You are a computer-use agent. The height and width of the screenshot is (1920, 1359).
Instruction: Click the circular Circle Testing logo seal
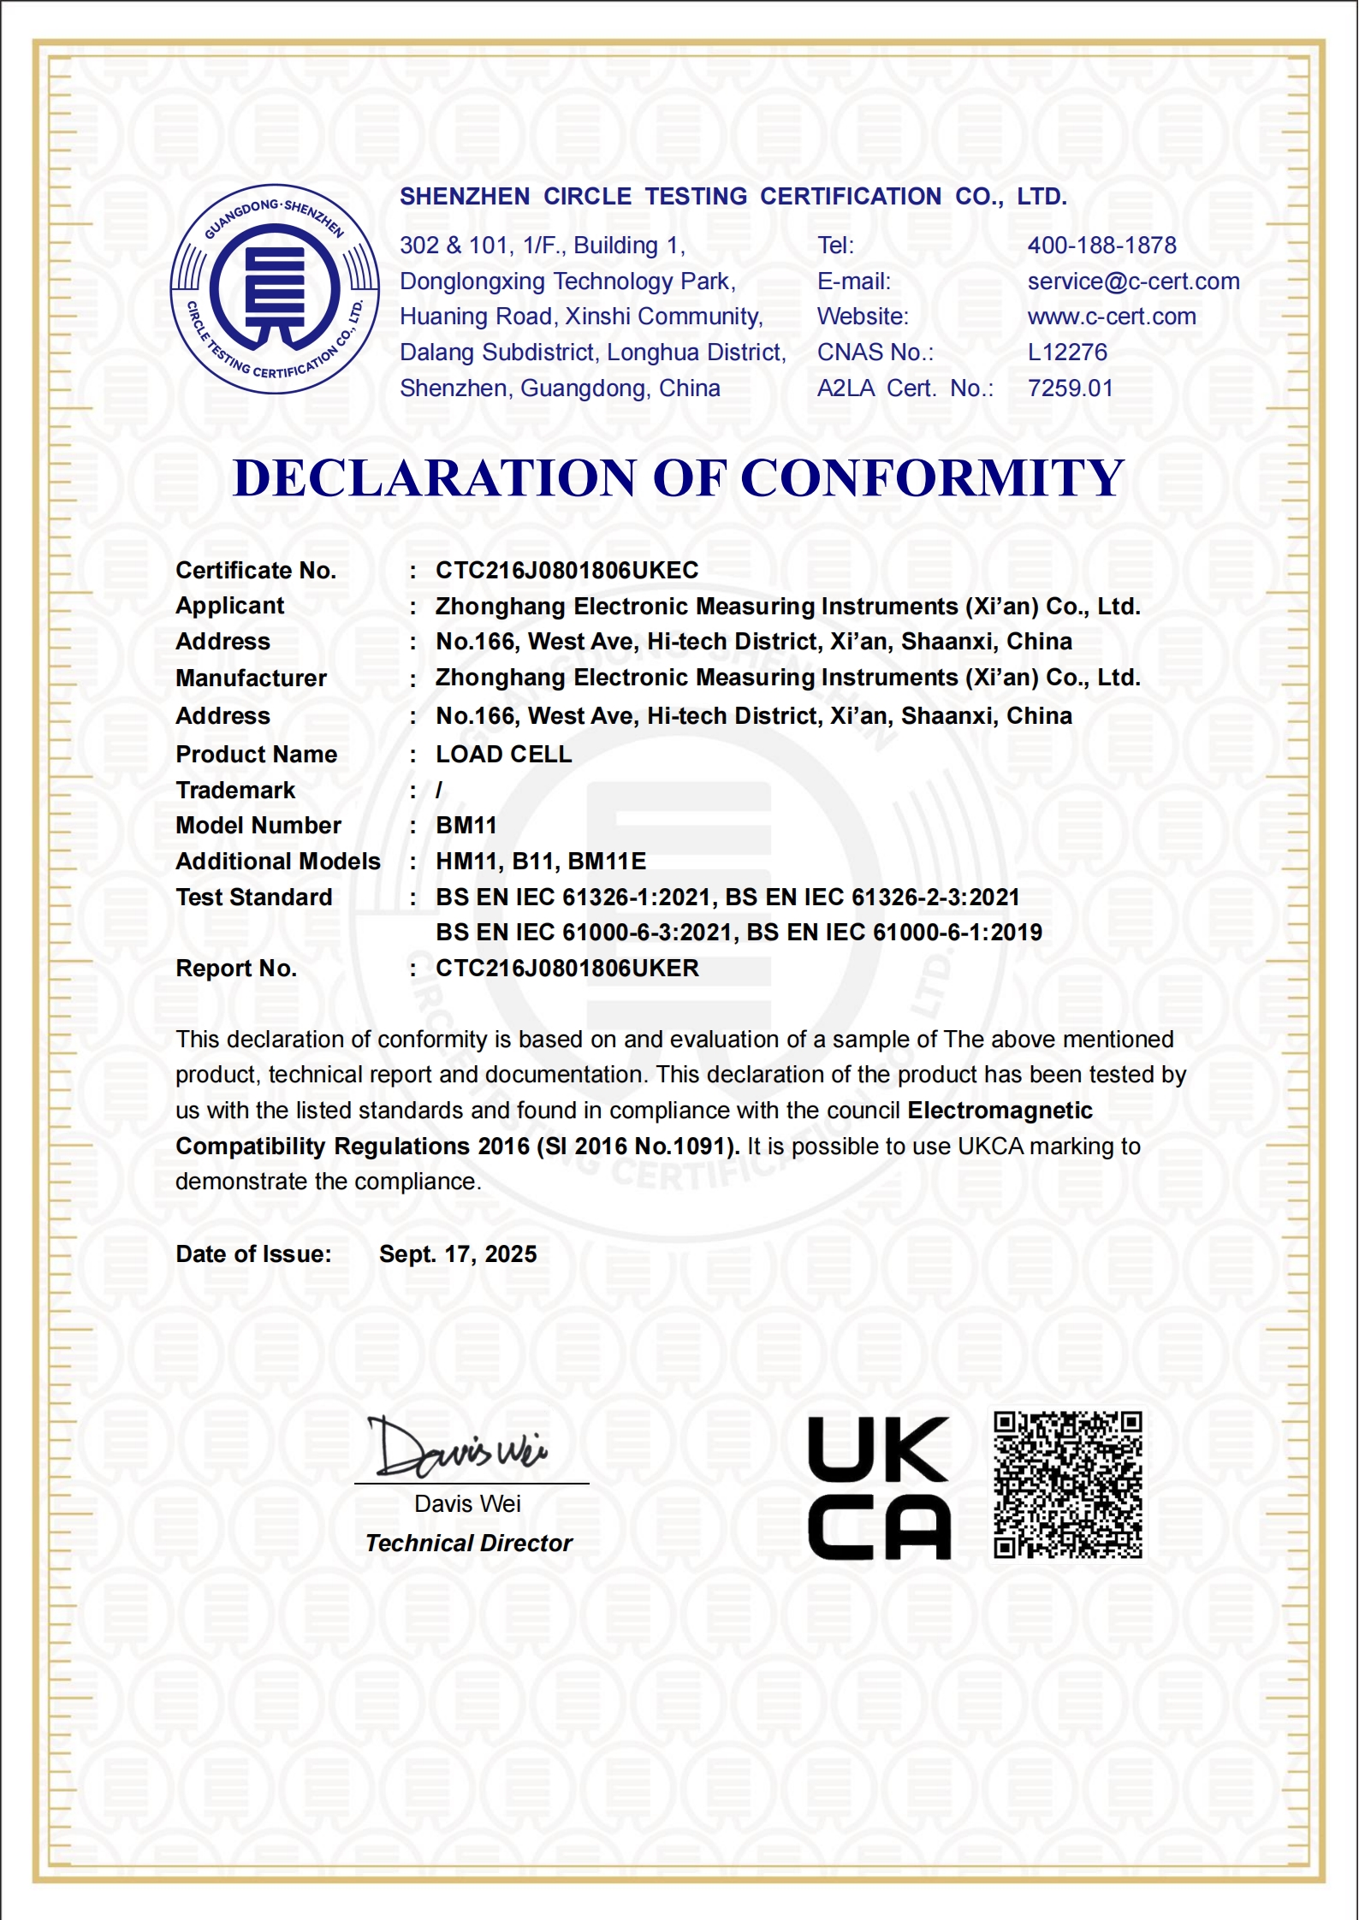[275, 289]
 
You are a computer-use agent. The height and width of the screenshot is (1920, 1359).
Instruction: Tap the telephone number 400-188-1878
[1101, 246]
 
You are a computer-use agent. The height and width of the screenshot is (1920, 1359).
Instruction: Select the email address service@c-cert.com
[1133, 281]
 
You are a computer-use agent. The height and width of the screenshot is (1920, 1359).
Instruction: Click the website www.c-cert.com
[1111, 317]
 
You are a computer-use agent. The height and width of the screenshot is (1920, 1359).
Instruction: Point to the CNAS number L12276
[1066, 353]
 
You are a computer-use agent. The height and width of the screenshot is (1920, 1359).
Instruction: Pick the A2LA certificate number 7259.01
[1070, 388]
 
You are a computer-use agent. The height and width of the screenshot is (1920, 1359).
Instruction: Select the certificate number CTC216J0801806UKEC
[567, 570]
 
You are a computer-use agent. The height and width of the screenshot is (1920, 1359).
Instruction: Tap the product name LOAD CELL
[503, 755]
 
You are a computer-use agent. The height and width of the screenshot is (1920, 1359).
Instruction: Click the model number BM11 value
[466, 826]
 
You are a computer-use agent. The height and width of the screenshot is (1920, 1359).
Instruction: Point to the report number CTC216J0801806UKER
[567, 969]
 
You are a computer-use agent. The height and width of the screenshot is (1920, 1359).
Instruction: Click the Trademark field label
[235, 791]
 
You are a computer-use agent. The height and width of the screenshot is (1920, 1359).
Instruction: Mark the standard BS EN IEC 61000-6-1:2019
[894, 933]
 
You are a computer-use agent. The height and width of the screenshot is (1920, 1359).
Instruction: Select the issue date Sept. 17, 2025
[458, 1254]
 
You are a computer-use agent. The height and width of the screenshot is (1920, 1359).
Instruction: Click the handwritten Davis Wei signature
[458, 1448]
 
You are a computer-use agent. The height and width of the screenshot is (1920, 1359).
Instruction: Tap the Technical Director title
[468, 1543]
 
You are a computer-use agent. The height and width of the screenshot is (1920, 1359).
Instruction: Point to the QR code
[1067, 1484]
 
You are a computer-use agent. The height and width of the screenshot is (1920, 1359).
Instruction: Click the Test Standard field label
[254, 898]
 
